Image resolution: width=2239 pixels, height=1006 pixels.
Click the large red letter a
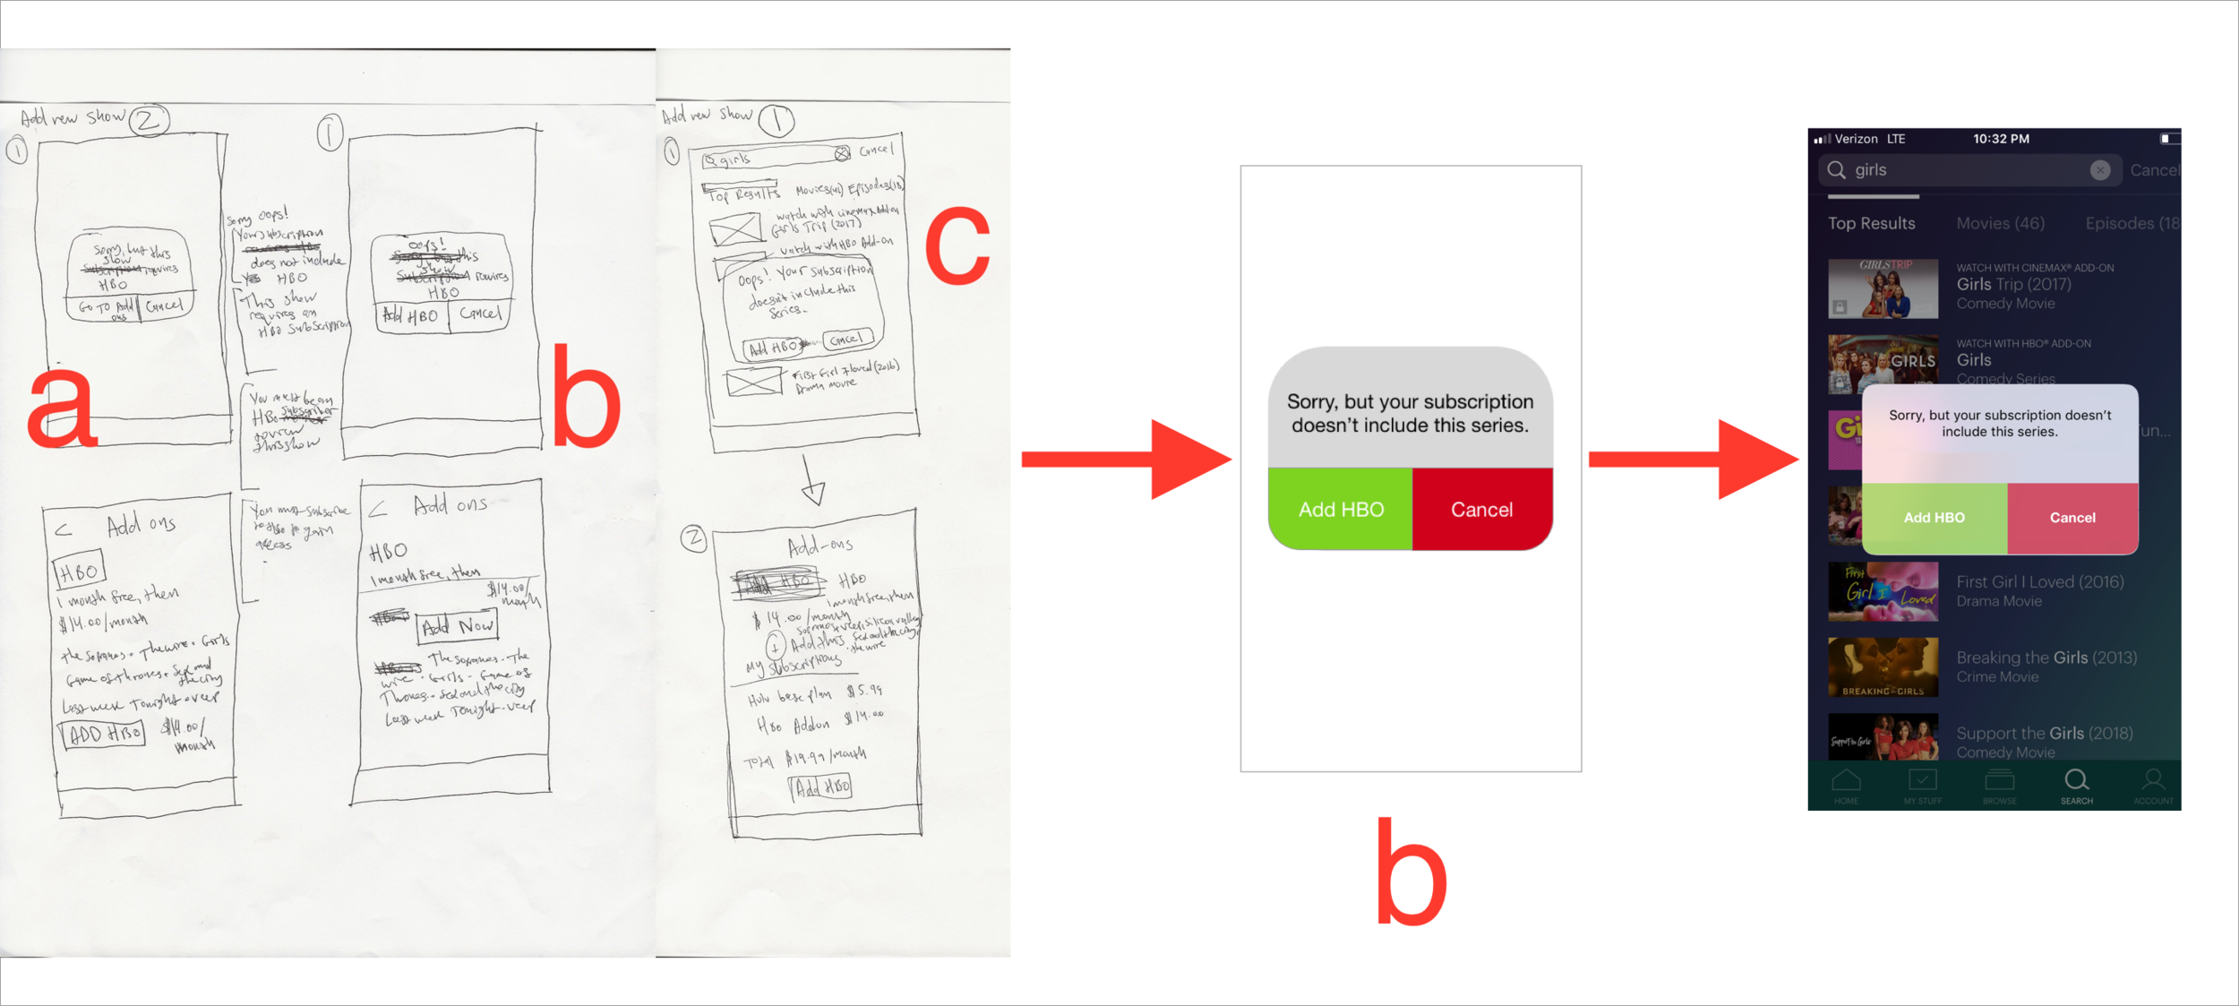pyautogui.click(x=61, y=408)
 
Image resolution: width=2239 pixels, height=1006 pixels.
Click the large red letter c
pyautogui.click(x=957, y=245)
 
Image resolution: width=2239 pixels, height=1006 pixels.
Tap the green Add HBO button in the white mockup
pyautogui.click(x=1340, y=509)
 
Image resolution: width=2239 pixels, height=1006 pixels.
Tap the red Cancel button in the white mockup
pyautogui.click(x=1481, y=509)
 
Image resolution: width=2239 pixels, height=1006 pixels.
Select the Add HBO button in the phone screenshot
pyautogui.click(x=1934, y=518)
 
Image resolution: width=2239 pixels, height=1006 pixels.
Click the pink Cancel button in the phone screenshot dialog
pyautogui.click(x=2072, y=518)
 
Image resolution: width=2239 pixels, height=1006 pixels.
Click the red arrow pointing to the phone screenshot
pyautogui.click(x=1693, y=459)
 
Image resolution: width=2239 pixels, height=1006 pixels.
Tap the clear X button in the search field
pyautogui.click(x=2099, y=170)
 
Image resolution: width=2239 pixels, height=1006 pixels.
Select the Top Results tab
pyautogui.click(x=1871, y=223)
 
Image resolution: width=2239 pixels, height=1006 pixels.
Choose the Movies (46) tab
pyautogui.click(x=2000, y=223)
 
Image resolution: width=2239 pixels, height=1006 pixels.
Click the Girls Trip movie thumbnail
pyautogui.click(x=1883, y=288)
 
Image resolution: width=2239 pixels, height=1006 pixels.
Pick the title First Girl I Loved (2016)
pyautogui.click(x=2039, y=582)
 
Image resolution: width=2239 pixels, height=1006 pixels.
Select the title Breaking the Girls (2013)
pyautogui.click(x=2046, y=658)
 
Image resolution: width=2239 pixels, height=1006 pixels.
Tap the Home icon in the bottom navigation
pyautogui.click(x=1846, y=785)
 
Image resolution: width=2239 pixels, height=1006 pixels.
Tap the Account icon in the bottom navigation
pyautogui.click(x=2152, y=785)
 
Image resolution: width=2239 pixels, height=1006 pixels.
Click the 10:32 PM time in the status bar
pyautogui.click(x=2001, y=139)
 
